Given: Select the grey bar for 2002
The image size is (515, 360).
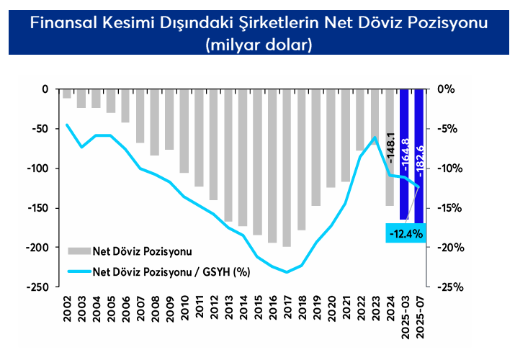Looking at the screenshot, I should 67,94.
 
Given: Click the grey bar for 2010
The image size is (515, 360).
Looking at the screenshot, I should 184,131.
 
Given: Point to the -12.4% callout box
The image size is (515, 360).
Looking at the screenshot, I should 405,233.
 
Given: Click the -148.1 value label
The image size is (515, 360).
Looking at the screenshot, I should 390,148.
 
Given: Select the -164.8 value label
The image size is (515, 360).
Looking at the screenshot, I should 404,154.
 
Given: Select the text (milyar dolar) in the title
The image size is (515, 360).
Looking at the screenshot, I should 257,45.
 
